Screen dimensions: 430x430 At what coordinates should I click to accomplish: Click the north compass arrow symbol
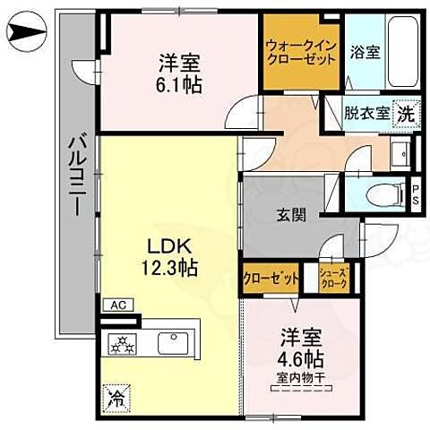point(24,36)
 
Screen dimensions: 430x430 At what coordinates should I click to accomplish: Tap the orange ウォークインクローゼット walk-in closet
point(301,52)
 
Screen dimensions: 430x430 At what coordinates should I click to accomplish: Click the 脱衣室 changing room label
point(365,114)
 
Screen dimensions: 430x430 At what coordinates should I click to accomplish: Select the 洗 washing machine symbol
point(407,114)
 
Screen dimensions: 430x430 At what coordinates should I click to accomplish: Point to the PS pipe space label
point(417,193)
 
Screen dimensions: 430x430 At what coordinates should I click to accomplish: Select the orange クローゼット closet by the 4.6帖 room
point(271,279)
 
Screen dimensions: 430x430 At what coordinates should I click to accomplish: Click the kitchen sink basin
point(173,342)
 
